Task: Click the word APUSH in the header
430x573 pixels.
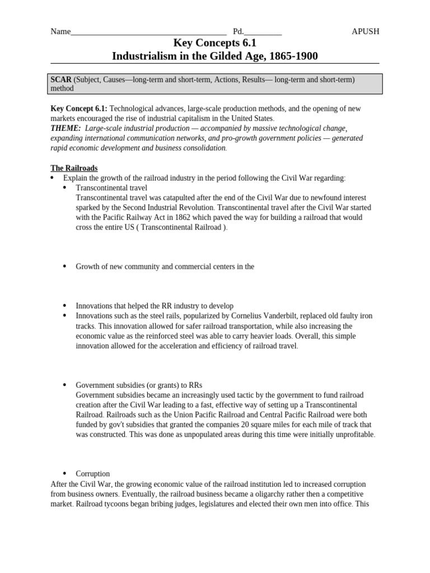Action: click(365, 31)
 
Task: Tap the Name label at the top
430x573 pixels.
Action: click(60, 31)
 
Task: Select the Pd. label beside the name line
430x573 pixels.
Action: click(239, 31)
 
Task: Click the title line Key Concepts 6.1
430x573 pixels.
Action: click(215, 43)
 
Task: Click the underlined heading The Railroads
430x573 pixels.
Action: click(74, 168)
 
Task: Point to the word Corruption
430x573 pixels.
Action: click(93, 473)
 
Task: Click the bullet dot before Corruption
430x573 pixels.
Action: click(64, 473)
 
